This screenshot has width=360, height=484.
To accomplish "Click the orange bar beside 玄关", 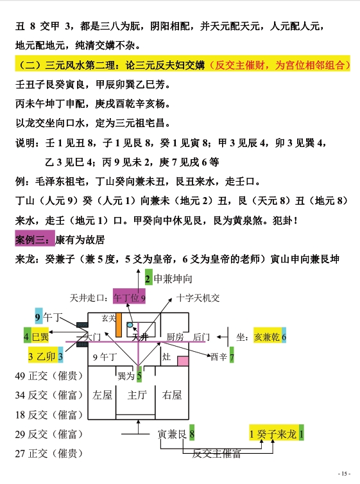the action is coord(119,325).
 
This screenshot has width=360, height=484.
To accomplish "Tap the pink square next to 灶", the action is coord(183,361).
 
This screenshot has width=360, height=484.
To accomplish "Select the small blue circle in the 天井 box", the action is coord(130,325).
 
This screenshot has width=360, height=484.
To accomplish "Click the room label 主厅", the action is coord(137,395).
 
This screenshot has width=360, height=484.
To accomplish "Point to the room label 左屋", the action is coord(102,395).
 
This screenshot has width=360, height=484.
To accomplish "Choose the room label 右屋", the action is coord(172,395).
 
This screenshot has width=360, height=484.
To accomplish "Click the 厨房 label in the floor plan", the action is coord(175,337).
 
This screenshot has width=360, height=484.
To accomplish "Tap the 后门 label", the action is coord(201,337).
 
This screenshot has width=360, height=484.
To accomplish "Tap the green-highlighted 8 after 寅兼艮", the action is coord(192,433).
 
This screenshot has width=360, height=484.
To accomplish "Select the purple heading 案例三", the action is coord(35,239).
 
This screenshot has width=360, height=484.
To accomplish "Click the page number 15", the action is coord(344,474).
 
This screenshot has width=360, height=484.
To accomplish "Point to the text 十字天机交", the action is coord(198,298).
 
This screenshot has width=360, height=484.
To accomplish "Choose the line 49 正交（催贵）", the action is coord(49,376).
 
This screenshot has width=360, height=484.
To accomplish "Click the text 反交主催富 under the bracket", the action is coord(216,453).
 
